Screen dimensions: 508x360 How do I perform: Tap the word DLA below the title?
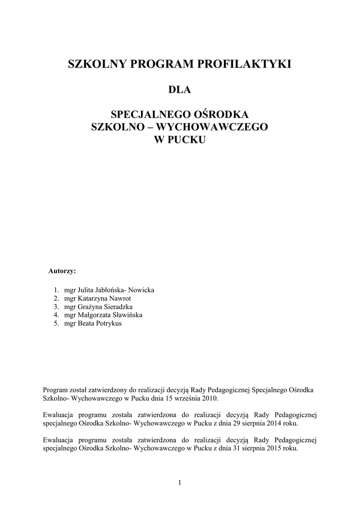tap(180, 90)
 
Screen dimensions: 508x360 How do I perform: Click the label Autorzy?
tap(62, 271)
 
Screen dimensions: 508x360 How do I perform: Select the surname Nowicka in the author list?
tap(142, 290)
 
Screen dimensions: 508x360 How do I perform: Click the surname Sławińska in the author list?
tap(127, 316)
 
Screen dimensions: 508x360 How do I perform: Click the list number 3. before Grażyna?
tap(57, 307)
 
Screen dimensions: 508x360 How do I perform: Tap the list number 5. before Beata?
tap(57, 324)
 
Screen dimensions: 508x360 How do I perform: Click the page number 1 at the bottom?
tap(180, 484)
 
